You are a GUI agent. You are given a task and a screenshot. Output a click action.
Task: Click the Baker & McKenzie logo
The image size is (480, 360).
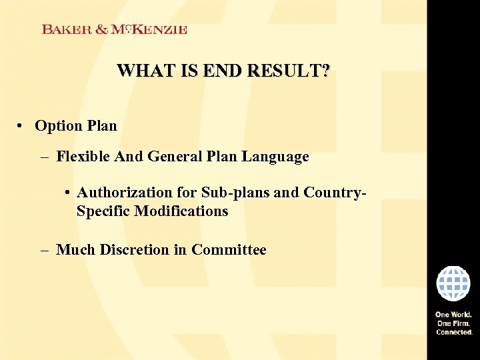pyautogui.click(x=114, y=29)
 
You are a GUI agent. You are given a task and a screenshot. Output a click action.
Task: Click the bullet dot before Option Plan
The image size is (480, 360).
pyautogui.click(x=22, y=126)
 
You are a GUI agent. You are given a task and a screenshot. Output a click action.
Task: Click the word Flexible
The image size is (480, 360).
pyautogui.click(x=84, y=157)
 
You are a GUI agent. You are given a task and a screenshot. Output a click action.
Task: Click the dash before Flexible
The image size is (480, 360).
pyautogui.click(x=44, y=157)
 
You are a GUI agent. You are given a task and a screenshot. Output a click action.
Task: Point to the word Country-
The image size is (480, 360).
pyautogui.click(x=335, y=193)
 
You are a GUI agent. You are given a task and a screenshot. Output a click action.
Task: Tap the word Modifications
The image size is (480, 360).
pyautogui.click(x=181, y=211)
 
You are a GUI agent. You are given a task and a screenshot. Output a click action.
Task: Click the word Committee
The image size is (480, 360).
pyautogui.click(x=229, y=250)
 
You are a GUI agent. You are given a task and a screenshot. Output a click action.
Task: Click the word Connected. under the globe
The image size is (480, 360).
pyautogui.click(x=454, y=331)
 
